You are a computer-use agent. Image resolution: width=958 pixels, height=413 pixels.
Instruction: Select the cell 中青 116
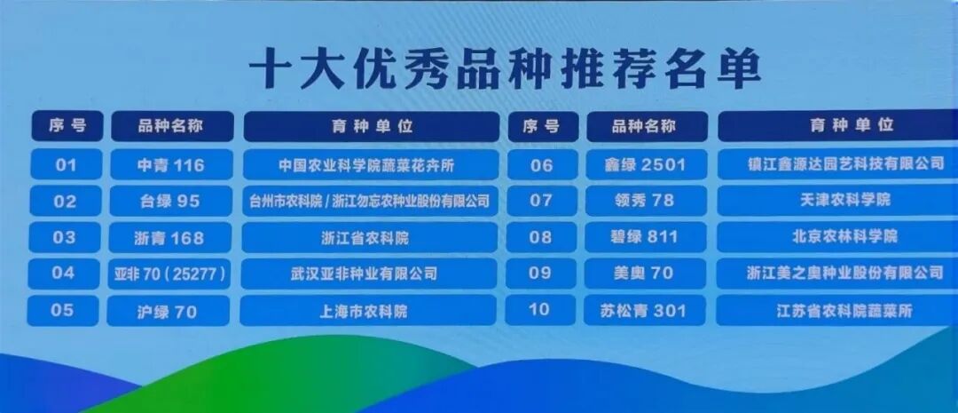pyautogui.click(x=171, y=165)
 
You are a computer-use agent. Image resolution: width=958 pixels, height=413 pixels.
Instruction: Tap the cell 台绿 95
pyautogui.click(x=170, y=202)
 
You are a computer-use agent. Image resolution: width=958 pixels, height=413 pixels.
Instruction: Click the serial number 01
pyautogui.click(x=67, y=165)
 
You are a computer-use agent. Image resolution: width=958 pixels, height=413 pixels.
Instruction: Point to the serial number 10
pyautogui.click(x=539, y=310)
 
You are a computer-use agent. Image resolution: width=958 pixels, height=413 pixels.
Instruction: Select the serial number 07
pyautogui.click(x=541, y=201)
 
